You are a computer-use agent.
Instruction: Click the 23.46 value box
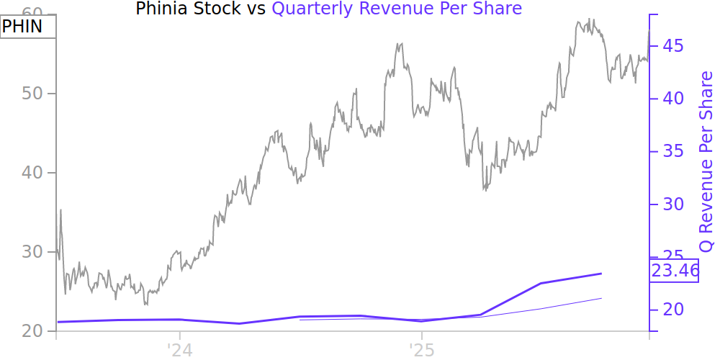[675, 271]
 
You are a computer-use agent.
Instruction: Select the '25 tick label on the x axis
[421, 349]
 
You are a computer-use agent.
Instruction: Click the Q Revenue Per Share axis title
[706, 161]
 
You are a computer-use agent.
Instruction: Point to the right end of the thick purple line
[601, 274]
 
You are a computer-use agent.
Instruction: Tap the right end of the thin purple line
[601, 298]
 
